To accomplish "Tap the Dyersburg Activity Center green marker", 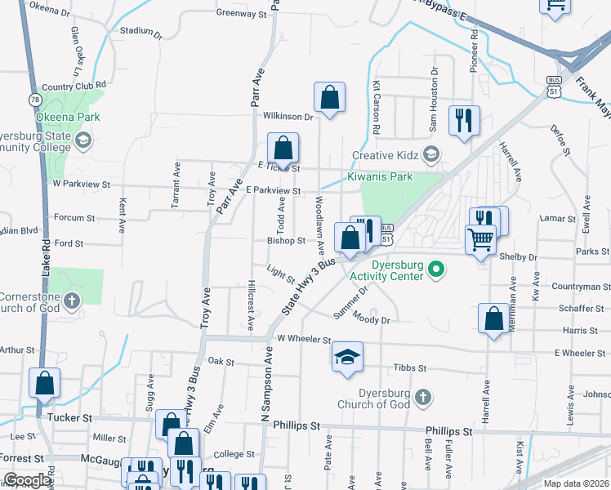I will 436,268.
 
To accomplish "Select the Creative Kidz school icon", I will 430,154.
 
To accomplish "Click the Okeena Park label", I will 68,117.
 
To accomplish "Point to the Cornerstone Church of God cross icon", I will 71,301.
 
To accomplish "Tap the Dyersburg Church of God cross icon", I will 421,398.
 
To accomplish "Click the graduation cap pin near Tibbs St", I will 347,357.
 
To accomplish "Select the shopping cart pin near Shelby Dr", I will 480,240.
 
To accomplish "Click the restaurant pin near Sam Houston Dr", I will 464,120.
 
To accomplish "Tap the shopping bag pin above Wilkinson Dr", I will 329,98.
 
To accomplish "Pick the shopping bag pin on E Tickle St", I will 283,149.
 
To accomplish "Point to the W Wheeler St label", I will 304,339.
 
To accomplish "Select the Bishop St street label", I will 285,241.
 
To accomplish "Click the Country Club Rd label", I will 74,85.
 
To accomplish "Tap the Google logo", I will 27,480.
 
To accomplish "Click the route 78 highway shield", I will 34,100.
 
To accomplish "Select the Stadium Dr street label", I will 136,30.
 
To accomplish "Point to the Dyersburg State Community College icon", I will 83,141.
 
